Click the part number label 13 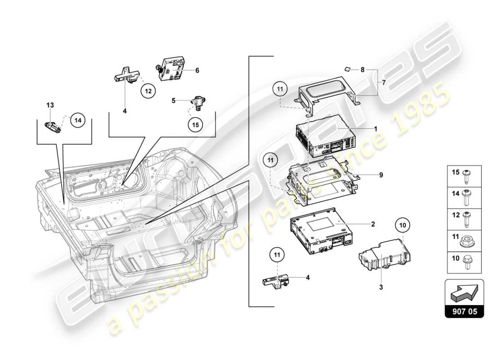(x=50, y=105)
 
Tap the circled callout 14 (x=77, y=120)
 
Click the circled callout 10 (x=403, y=225)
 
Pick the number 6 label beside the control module (x=197, y=70)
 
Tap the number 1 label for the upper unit (x=375, y=128)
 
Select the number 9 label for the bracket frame (x=381, y=175)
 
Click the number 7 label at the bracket (x=384, y=83)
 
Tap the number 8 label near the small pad (x=362, y=70)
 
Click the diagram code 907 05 (x=464, y=310)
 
